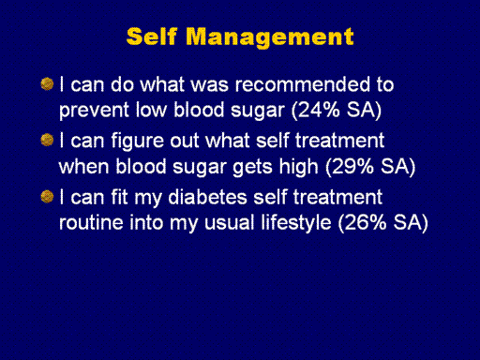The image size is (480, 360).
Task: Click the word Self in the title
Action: pyautogui.click(x=152, y=37)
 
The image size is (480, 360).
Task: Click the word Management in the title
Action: pyautogui.click(x=270, y=38)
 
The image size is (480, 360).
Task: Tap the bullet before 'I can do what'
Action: pyautogui.click(x=47, y=83)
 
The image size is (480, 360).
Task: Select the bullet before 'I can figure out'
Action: pyautogui.click(x=47, y=140)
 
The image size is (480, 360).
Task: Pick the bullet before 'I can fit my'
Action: pyautogui.click(x=47, y=197)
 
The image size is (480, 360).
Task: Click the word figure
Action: pyautogui.click(x=137, y=142)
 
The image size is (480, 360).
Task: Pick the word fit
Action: pyautogui.click(x=119, y=197)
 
